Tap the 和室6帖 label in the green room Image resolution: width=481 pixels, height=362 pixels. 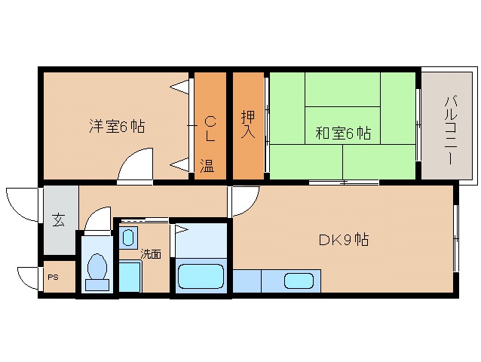(x=342, y=133)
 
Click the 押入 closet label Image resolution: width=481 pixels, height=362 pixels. (x=248, y=125)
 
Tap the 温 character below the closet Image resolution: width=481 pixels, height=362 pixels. (x=207, y=166)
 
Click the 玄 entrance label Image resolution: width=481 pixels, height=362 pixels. (x=58, y=220)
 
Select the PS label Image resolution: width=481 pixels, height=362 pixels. (x=52, y=277)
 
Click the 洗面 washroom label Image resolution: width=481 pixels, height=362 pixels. (x=151, y=254)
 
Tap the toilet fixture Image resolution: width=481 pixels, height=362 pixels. (x=97, y=270)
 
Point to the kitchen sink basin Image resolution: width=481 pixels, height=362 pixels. (x=298, y=281)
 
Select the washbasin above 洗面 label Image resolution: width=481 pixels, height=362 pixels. (x=128, y=238)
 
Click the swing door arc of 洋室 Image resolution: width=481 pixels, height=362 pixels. (x=136, y=165)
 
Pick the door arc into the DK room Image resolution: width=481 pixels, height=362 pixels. (x=244, y=201)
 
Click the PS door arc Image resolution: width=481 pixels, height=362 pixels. (x=28, y=278)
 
